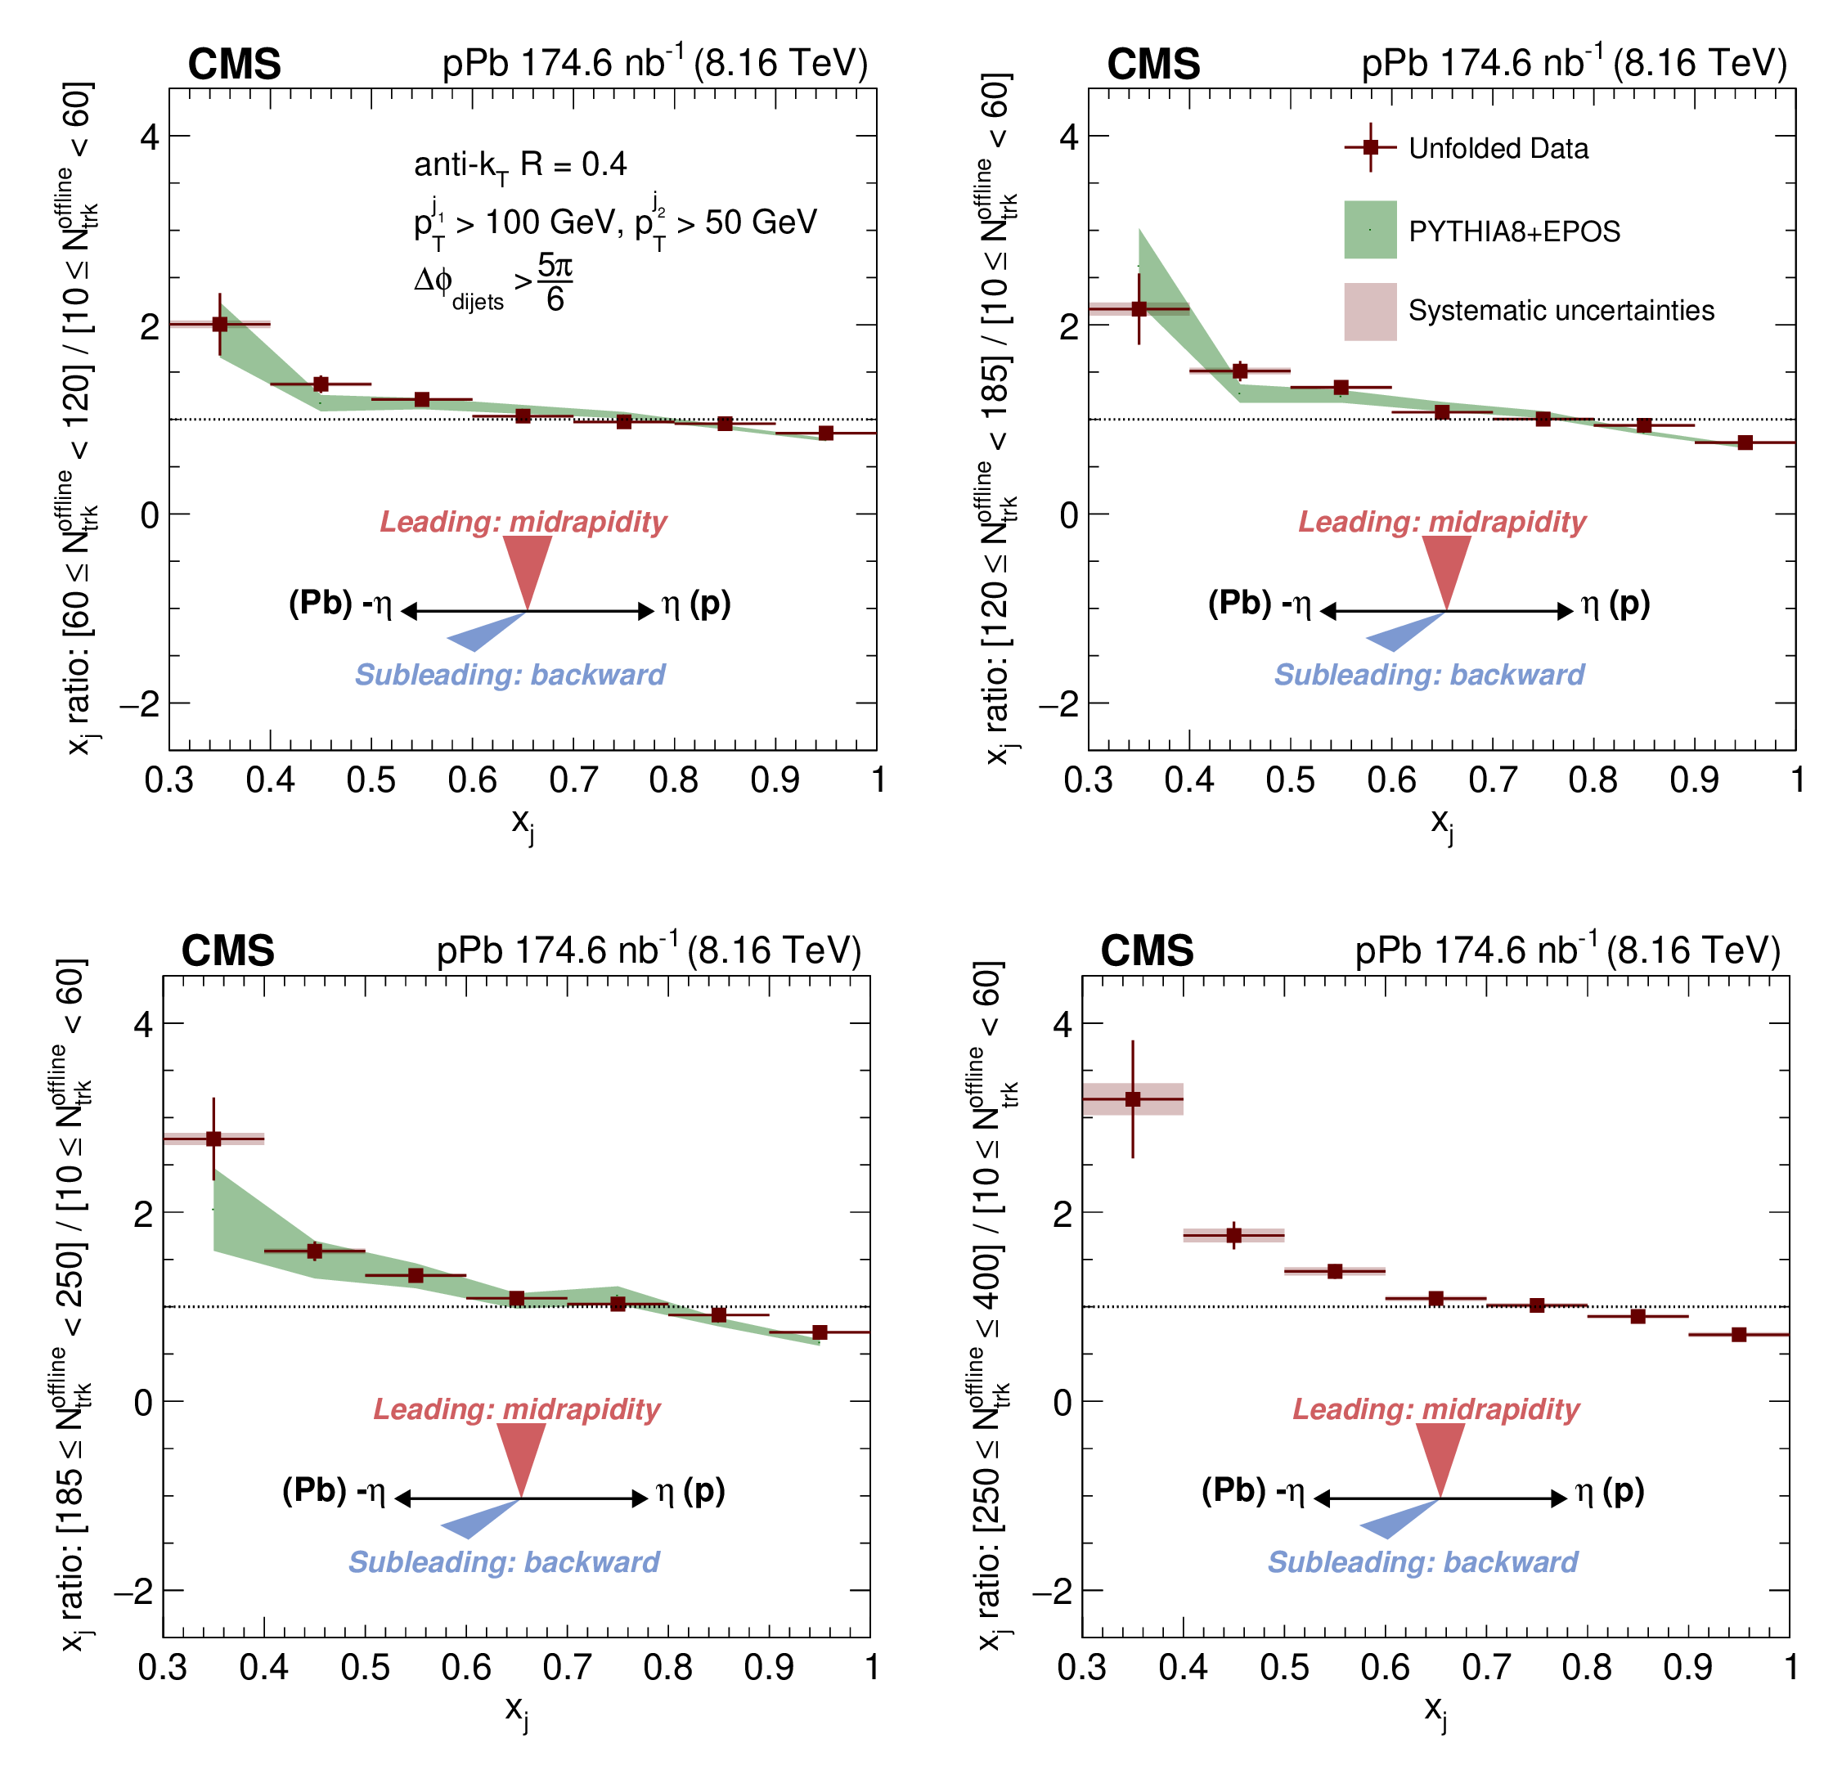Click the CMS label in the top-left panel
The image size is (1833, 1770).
234,65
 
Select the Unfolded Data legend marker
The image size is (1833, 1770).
1370,148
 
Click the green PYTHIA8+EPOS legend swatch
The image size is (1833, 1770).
1370,230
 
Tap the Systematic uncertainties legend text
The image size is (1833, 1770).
1561,311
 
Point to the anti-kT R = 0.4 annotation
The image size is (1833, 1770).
520,165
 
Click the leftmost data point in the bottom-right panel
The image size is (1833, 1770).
1133,1098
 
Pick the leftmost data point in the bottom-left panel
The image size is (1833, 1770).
213,1138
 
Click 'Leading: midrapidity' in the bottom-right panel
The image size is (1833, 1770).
1435,1408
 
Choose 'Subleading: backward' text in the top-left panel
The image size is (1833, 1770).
510,674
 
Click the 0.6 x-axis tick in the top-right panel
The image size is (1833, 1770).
1390,779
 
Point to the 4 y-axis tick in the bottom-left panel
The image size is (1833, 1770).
143,1024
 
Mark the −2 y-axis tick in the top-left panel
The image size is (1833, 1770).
139,704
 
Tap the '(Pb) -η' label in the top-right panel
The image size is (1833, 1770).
1259,603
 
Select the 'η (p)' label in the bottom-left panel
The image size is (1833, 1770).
690,1490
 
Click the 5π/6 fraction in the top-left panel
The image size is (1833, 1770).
555,281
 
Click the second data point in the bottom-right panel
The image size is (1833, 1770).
1233,1234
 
